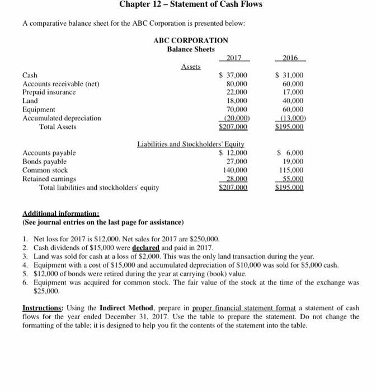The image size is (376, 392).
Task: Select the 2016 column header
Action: pos(290,57)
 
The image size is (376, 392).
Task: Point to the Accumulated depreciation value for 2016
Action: pos(291,118)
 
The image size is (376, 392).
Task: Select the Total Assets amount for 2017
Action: pos(236,127)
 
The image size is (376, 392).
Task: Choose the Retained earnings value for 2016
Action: pos(292,179)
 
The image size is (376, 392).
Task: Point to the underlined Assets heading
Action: pos(191,67)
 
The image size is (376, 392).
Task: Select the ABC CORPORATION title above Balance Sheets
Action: pos(190,40)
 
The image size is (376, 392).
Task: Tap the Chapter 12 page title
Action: pos(190,5)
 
